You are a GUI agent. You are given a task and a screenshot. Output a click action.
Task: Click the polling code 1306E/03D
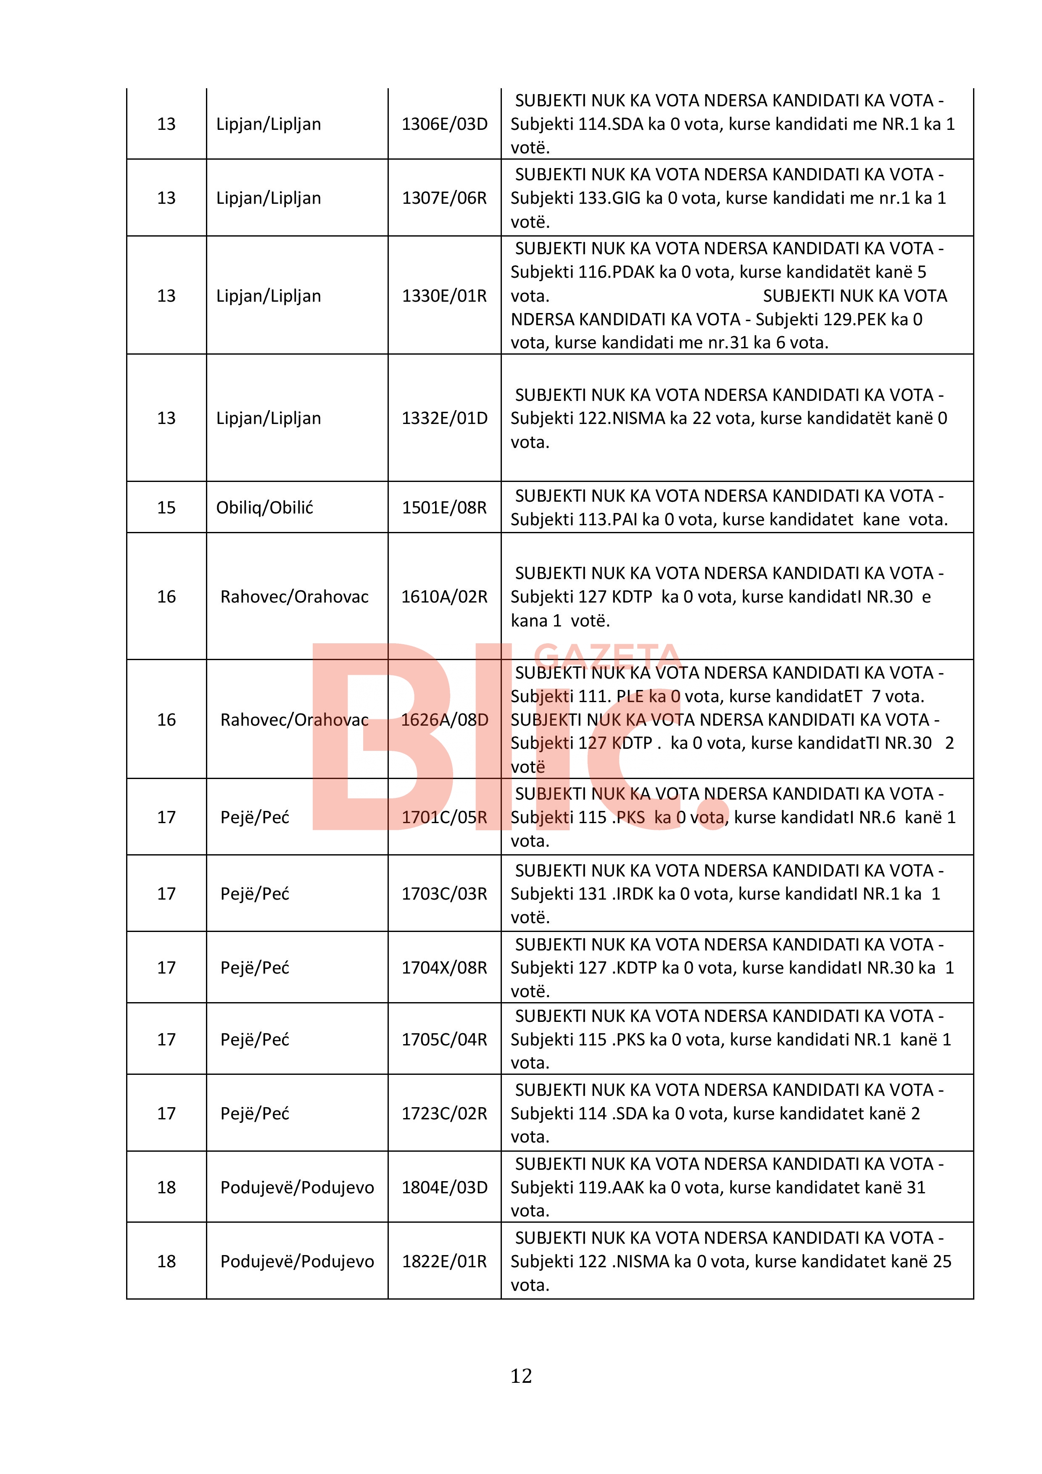(444, 124)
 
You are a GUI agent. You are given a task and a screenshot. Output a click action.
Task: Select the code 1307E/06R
(444, 198)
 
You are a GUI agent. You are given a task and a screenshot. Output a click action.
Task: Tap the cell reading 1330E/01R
(444, 296)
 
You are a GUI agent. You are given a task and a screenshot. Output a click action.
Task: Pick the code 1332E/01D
(444, 419)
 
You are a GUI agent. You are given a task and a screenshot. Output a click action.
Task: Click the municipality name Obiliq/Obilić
(264, 508)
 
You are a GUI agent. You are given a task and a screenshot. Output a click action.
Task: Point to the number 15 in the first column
(166, 508)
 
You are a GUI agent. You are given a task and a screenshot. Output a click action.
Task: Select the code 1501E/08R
(444, 508)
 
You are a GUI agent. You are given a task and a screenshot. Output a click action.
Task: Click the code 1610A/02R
(444, 597)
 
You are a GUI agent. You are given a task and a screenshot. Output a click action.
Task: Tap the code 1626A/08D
(444, 720)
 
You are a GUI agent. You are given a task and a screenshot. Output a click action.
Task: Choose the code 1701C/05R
(444, 817)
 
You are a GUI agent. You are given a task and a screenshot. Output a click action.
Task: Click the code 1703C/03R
(444, 894)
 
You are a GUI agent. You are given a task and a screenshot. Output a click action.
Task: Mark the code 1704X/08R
(444, 968)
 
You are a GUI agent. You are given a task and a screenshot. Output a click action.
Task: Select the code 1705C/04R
(444, 1040)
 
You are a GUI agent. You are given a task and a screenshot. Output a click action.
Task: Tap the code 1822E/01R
(444, 1261)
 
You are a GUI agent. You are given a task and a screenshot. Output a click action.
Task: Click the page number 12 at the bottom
(521, 1376)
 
